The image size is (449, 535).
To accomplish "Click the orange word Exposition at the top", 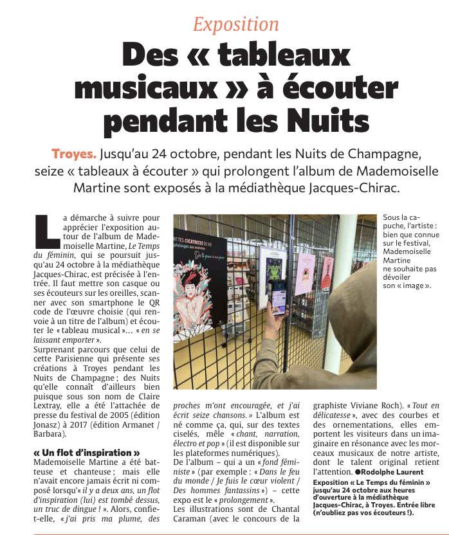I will click(236, 24).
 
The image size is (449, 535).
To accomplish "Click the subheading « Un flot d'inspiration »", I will click(87, 452).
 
